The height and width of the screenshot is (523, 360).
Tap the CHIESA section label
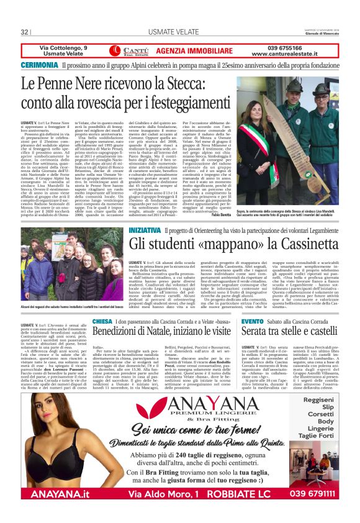point(102,321)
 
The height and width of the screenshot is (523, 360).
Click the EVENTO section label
point(253,321)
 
